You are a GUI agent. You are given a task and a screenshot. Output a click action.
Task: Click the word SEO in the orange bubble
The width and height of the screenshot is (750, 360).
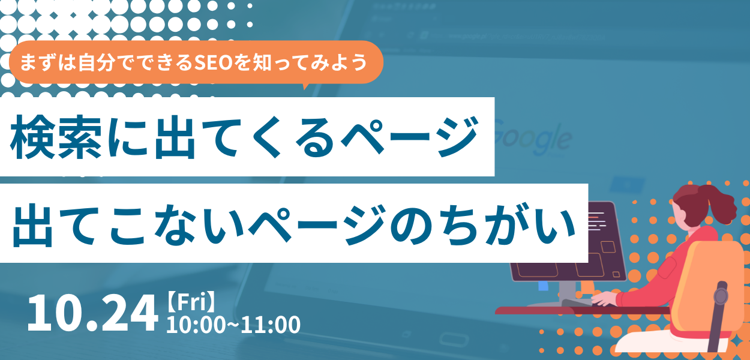click(x=214, y=62)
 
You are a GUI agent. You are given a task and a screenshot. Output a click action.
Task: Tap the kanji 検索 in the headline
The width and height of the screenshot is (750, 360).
click(x=56, y=137)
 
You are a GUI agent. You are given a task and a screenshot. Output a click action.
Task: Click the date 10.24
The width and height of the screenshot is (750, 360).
click(x=92, y=313)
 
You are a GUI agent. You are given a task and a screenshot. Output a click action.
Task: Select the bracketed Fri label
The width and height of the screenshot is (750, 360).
click(x=191, y=302)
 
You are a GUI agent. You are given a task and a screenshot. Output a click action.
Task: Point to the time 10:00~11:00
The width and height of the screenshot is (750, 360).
click(x=233, y=325)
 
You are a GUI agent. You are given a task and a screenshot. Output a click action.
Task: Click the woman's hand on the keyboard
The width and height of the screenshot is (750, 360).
click(x=604, y=298)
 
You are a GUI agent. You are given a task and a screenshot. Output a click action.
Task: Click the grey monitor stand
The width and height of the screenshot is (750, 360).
click(x=568, y=292)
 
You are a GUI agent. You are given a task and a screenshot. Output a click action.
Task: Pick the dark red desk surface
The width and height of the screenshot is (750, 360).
click(x=583, y=311)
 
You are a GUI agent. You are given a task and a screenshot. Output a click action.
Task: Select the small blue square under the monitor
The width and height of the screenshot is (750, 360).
click(x=543, y=286)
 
